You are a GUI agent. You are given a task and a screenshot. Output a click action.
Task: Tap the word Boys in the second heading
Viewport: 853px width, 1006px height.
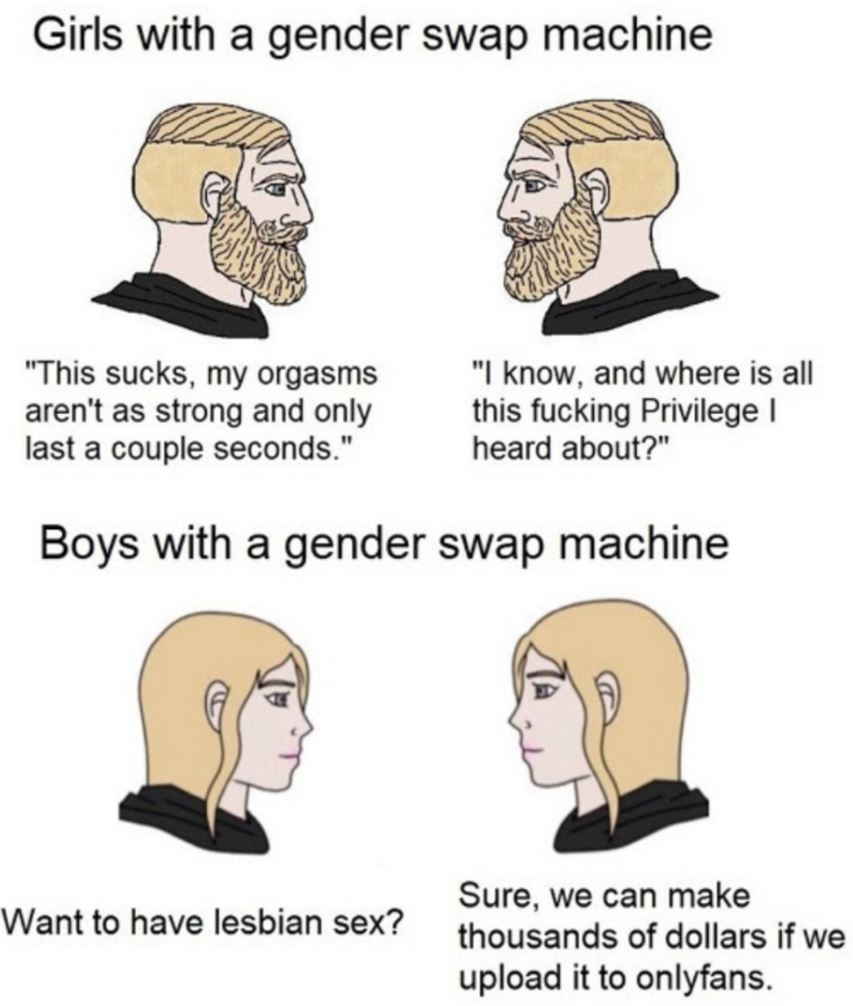(88, 544)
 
